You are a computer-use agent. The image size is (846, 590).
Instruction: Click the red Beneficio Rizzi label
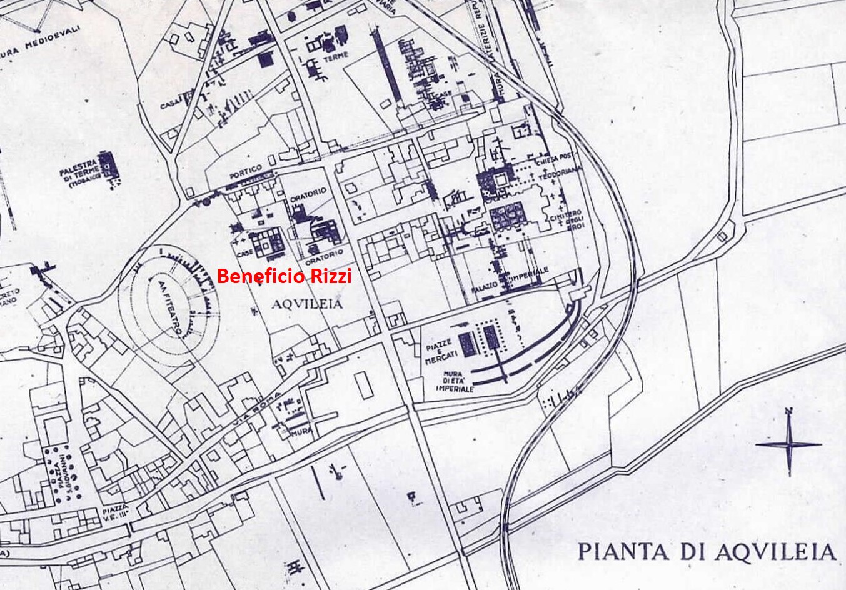[x=284, y=276]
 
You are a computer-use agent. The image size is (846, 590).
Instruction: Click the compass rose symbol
[x=788, y=443]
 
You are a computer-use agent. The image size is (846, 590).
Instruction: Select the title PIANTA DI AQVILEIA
[x=706, y=551]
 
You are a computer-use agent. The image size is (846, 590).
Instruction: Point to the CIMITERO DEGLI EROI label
[x=560, y=216]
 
